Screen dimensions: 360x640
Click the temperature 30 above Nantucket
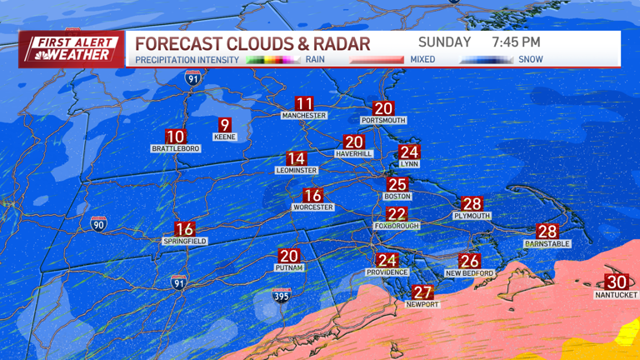(616, 282)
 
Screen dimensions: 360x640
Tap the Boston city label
(397, 197)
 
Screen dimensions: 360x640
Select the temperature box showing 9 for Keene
(224, 125)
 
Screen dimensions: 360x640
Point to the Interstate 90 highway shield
(98, 223)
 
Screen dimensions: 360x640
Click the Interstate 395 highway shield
(282, 295)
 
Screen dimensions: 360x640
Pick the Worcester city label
(312, 207)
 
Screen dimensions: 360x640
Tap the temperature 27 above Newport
(423, 292)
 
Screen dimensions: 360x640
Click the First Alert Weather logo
(70, 48)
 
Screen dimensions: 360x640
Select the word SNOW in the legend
(530, 60)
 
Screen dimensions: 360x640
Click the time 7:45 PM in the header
(516, 42)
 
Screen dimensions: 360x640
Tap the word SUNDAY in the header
(444, 42)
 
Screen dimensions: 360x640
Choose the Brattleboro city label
(175, 148)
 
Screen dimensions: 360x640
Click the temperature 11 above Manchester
(304, 104)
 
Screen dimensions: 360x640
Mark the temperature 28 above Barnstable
(547, 232)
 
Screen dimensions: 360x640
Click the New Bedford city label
(469, 273)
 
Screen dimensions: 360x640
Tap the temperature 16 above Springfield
(184, 229)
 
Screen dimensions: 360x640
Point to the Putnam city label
(288, 267)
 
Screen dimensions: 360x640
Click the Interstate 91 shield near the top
(192, 78)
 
